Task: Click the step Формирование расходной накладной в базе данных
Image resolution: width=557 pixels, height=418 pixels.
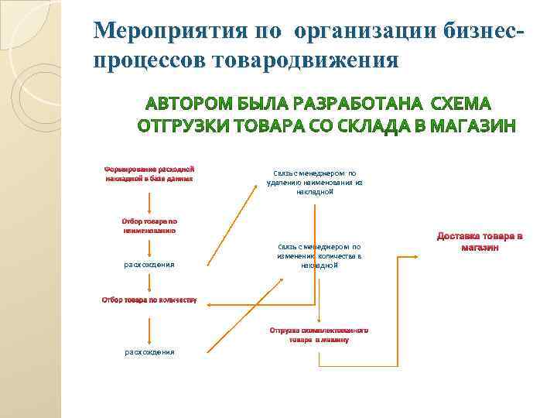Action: (x=149, y=173)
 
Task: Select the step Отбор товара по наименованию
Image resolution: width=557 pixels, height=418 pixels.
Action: (x=149, y=225)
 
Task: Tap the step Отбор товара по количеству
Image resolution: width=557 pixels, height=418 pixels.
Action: (x=149, y=299)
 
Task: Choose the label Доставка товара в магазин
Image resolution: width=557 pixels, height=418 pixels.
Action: (x=479, y=242)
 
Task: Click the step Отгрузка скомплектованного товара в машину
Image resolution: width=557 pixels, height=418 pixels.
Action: (x=319, y=334)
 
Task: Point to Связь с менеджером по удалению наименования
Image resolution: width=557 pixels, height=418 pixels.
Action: (x=314, y=182)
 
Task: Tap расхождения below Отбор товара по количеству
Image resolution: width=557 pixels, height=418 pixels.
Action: (x=149, y=352)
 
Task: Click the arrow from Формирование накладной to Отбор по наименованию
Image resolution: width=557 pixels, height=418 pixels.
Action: (x=149, y=199)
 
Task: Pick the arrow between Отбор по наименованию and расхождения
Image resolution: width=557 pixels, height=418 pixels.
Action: (x=149, y=246)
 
